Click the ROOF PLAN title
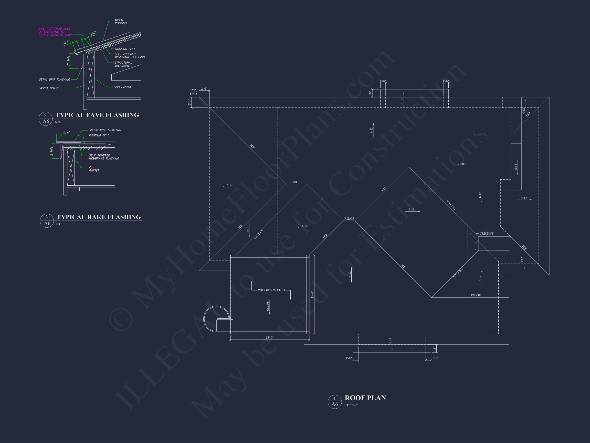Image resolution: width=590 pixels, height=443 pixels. [x=365, y=398]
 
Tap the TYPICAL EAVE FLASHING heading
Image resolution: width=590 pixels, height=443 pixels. [x=97, y=115]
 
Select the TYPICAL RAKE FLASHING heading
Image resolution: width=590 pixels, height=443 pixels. [x=99, y=217]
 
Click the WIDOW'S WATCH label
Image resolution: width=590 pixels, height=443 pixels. [x=271, y=290]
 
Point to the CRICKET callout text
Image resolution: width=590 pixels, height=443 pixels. [x=486, y=233]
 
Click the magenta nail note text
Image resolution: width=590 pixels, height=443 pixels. [x=55, y=32]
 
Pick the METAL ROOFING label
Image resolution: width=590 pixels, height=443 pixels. [x=121, y=22]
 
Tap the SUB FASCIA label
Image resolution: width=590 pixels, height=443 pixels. [x=122, y=87]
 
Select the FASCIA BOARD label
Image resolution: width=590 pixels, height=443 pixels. [x=49, y=88]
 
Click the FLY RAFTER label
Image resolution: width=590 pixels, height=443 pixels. [x=94, y=169]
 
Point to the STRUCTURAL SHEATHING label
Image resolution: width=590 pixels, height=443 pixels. [x=123, y=64]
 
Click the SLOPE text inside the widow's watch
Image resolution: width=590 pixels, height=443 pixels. [x=268, y=306]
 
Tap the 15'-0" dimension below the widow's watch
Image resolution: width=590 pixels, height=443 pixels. [x=269, y=338]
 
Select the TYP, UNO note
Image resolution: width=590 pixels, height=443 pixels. [x=193, y=92]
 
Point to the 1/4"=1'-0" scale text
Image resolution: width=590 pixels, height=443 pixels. [x=351, y=405]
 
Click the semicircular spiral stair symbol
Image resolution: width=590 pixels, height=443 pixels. [x=217, y=319]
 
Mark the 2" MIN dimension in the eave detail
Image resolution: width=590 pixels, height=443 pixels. [x=69, y=61]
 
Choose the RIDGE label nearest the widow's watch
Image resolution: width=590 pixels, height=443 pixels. [x=295, y=182]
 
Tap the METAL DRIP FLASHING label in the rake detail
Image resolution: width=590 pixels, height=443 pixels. [x=105, y=130]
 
